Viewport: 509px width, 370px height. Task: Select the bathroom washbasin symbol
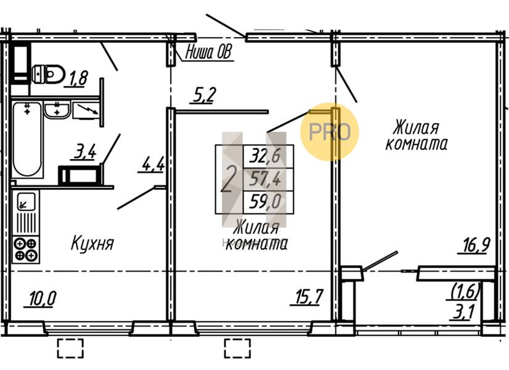pos(57,110)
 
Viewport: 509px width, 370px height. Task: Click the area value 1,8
pos(78,78)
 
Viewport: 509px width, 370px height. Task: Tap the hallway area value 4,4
pos(153,165)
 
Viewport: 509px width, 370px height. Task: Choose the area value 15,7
pos(307,298)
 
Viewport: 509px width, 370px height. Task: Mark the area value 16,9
pos(473,245)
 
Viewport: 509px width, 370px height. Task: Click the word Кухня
pos(92,243)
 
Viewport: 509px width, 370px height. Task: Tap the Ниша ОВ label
pos(209,53)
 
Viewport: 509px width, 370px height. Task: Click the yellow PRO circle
pos(330,132)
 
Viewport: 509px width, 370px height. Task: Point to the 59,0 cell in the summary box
pos(269,202)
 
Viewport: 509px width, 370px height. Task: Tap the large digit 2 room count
pos(229,179)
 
